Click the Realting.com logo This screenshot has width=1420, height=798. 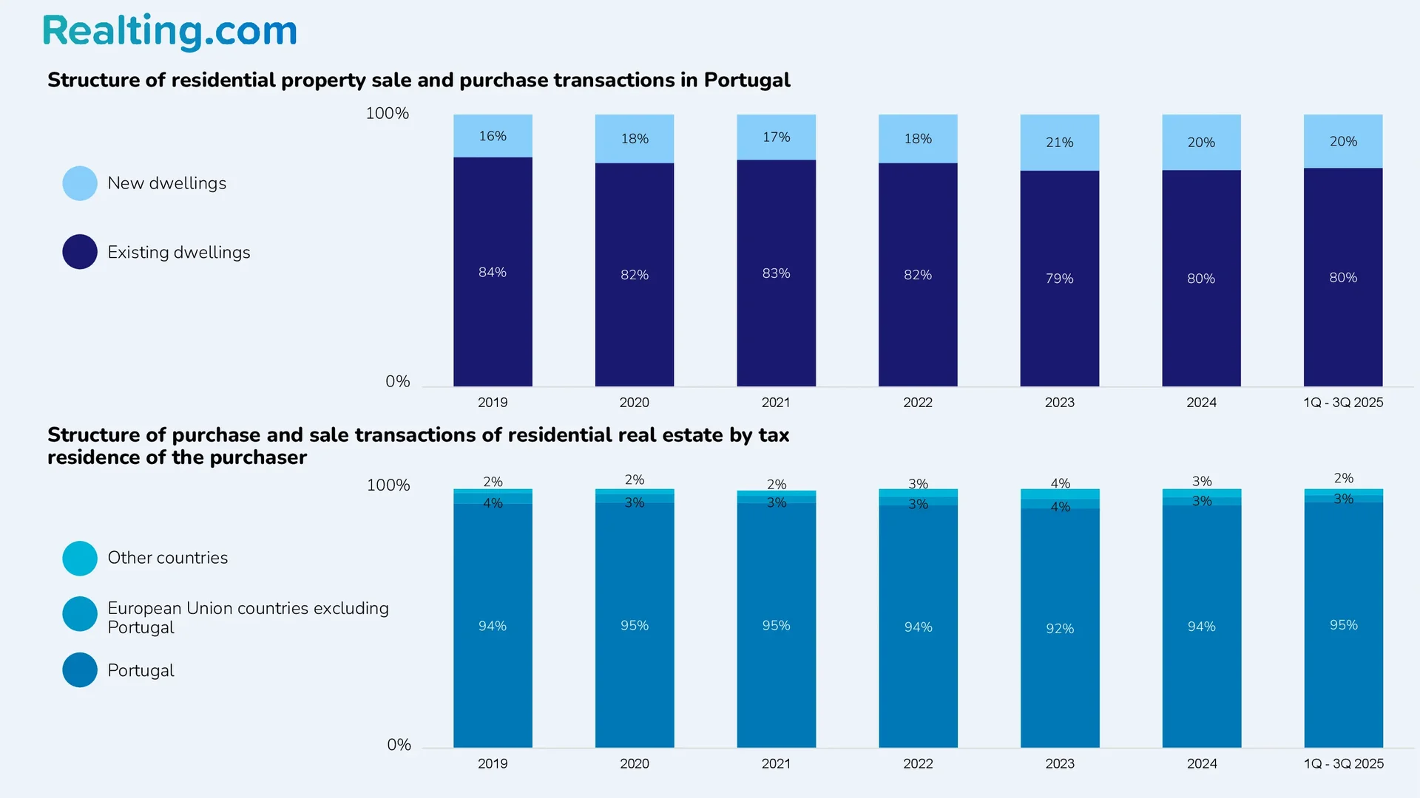169,31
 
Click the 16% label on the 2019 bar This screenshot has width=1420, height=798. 493,136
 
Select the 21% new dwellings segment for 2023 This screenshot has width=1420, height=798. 1059,143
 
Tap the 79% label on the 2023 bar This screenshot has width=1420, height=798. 1059,279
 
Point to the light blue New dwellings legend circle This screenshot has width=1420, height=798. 80,183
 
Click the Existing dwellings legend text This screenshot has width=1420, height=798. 178,253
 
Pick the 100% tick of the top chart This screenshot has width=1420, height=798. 387,113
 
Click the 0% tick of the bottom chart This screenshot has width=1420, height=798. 399,745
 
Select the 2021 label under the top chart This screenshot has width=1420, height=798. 776,403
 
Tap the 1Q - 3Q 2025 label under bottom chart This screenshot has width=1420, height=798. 1343,764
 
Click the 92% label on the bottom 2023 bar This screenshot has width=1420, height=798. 1059,629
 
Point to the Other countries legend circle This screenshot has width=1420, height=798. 80,559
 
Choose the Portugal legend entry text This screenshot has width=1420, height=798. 141,671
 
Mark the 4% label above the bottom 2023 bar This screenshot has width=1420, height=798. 1060,483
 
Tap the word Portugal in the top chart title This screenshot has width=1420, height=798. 747,80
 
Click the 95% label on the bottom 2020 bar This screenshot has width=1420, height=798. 634,626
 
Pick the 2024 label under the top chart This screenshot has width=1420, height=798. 1201,403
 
